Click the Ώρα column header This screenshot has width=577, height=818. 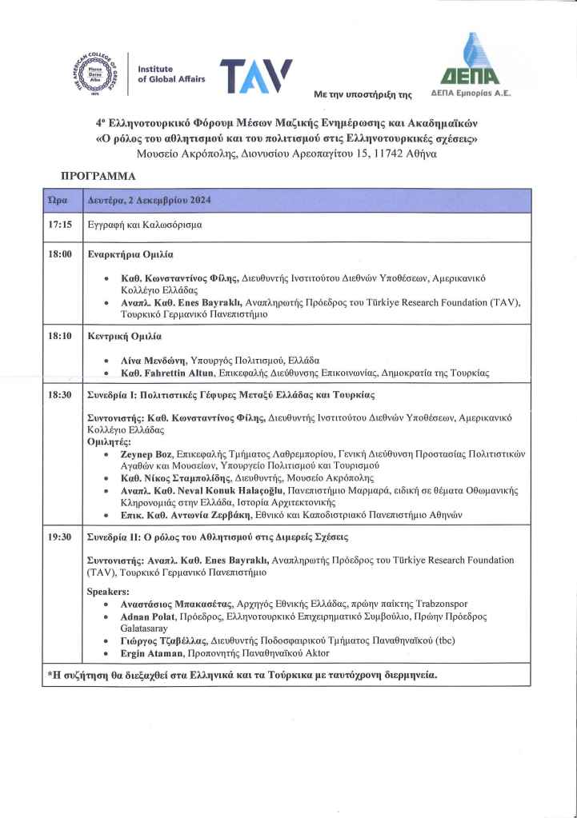pyautogui.click(x=58, y=200)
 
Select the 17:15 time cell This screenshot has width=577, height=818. pyautogui.click(x=60, y=225)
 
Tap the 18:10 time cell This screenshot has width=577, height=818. pyautogui.click(x=60, y=336)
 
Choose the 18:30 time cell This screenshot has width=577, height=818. pyautogui.click(x=60, y=395)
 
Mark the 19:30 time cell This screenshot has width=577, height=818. pyautogui.click(x=60, y=536)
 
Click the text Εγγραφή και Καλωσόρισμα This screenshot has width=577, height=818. pyautogui.click(x=144, y=225)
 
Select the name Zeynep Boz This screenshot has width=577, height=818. pyautogui.click(x=146, y=453)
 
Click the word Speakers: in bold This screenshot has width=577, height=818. pyautogui.click(x=108, y=592)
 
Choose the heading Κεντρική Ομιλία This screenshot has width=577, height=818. pyautogui.click(x=124, y=336)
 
